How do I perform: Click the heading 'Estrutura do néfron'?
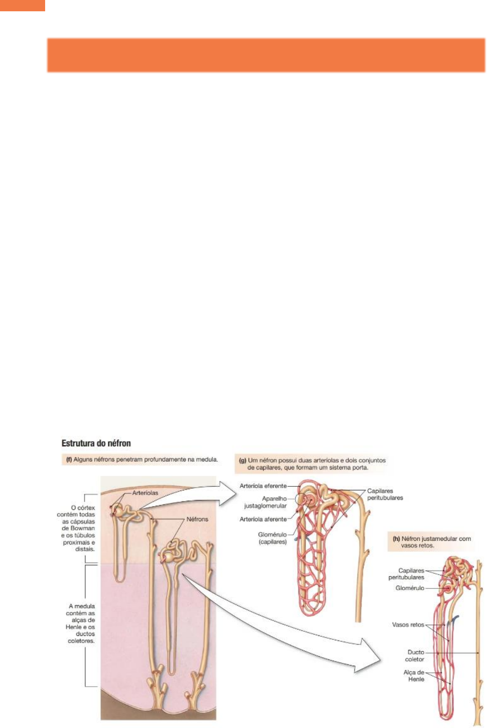(x=96, y=443)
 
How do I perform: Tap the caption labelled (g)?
(x=312, y=464)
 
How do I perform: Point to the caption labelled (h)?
(x=431, y=542)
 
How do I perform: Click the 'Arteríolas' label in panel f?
(x=145, y=493)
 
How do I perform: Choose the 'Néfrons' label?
(x=197, y=519)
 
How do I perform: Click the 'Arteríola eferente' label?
(x=263, y=486)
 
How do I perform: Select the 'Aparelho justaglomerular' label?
(x=265, y=502)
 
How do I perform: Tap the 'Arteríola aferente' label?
(x=263, y=519)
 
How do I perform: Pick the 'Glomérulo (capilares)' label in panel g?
(x=272, y=538)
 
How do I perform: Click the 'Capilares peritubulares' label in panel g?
(x=385, y=494)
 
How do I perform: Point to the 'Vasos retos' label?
(x=408, y=625)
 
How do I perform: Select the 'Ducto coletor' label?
(x=415, y=656)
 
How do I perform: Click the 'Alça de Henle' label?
(x=414, y=676)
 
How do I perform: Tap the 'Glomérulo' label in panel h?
(x=410, y=588)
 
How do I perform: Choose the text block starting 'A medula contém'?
(x=81, y=623)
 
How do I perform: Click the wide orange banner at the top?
(x=266, y=55)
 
